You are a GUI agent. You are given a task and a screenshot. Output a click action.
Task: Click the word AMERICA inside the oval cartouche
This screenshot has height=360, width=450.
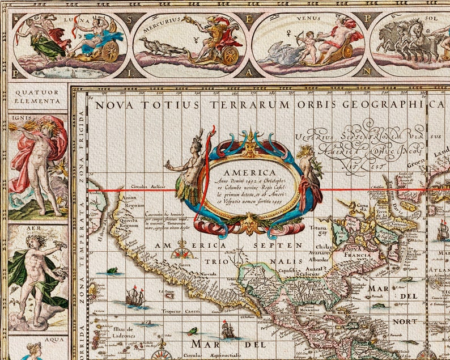pos(249,172)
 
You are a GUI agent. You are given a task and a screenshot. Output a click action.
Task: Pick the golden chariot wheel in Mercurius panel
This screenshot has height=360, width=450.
pos(230,55)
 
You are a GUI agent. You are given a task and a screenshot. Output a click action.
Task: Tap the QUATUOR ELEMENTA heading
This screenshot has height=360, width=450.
pos(38,97)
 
